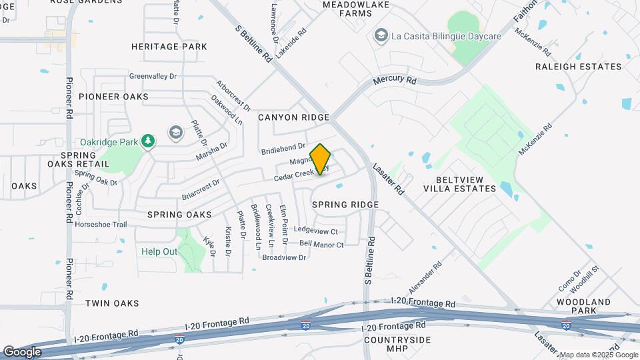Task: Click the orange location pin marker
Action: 320,159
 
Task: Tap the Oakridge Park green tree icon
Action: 147,141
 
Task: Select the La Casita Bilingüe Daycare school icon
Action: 381,35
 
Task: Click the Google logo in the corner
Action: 22,351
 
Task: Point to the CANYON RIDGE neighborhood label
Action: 294,117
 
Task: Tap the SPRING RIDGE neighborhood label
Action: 345,205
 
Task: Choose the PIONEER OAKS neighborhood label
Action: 113,97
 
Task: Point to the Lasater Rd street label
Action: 389,179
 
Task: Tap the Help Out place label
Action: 159,252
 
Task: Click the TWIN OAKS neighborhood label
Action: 112,303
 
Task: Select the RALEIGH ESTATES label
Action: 579,67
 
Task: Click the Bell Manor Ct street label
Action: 321,245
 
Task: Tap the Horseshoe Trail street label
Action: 101,225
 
